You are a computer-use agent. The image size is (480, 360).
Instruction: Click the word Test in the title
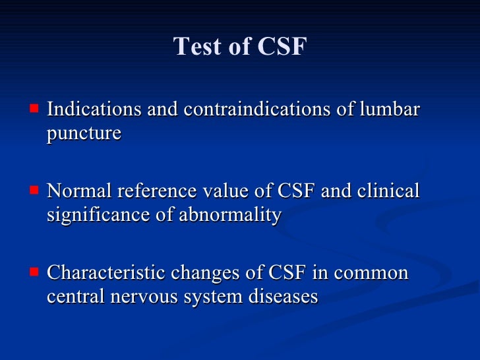click(196, 47)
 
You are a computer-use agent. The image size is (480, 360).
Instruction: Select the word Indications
click(94, 109)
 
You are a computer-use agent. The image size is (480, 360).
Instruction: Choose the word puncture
click(84, 133)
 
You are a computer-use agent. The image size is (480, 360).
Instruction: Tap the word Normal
click(81, 191)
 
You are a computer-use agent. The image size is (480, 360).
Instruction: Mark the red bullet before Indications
click(34, 106)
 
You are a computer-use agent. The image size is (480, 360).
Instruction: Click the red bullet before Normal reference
click(34, 189)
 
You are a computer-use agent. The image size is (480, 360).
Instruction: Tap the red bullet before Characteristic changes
click(34, 270)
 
